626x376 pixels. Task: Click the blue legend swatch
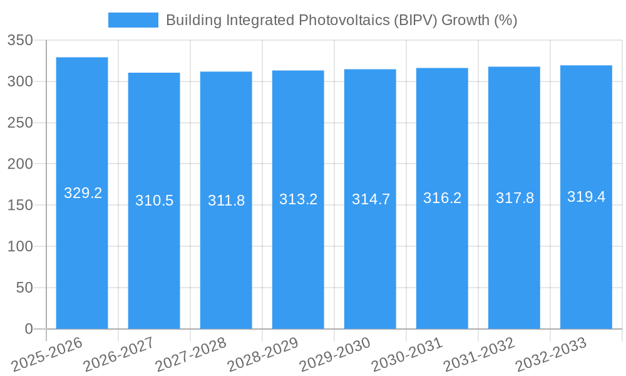pyautogui.click(x=133, y=20)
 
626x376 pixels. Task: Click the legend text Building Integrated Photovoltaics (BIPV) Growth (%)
pyautogui.click(x=341, y=20)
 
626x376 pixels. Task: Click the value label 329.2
pyautogui.click(x=83, y=193)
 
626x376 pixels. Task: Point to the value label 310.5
pyautogui.click(x=154, y=201)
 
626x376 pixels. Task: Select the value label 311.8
pyautogui.click(x=226, y=201)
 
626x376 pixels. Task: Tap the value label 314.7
pyautogui.click(x=371, y=199)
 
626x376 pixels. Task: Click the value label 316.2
pyautogui.click(x=442, y=198)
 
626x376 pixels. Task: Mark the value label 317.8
pyautogui.click(x=515, y=198)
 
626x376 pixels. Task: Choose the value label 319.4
pyautogui.click(x=586, y=197)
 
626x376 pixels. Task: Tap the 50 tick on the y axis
pyautogui.click(x=24, y=288)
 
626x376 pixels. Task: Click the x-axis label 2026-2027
pyautogui.click(x=119, y=354)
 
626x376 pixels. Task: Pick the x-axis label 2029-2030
pyautogui.click(x=335, y=354)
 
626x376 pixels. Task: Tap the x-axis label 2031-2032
pyautogui.click(x=479, y=354)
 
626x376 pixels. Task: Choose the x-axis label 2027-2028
pyautogui.click(x=191, y=354)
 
